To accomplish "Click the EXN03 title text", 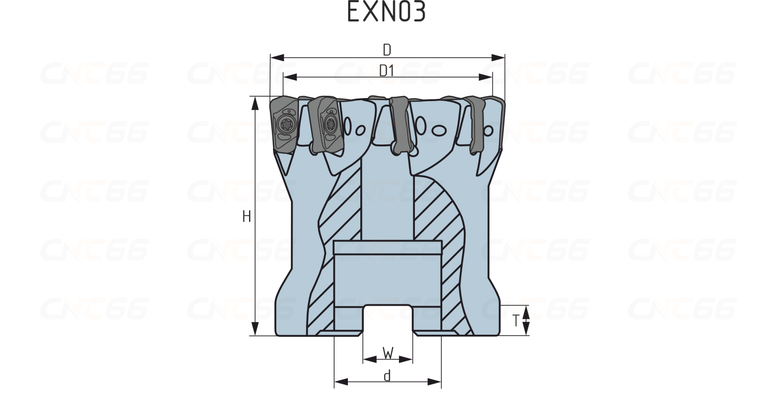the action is [x=386, y=12].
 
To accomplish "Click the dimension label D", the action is [x=387, y=50].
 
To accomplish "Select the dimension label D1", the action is [x=387, y=71].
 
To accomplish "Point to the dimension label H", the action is [x=247, y=217].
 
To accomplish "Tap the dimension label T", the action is [x=517, y=320].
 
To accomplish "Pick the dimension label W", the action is [x=388, y=353].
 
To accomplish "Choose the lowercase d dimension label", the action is [x=387, y=376].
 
